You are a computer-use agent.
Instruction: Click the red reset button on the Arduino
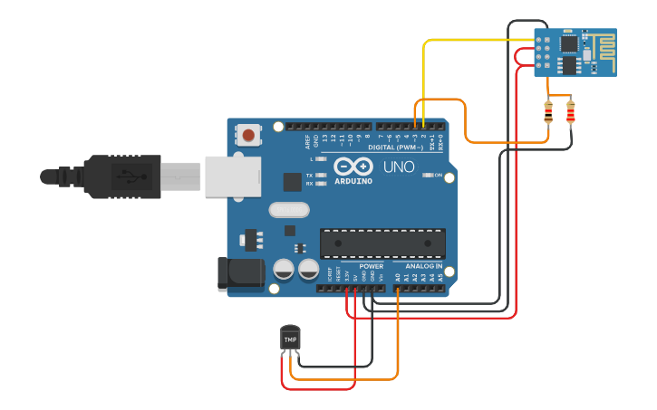tap(247, 136)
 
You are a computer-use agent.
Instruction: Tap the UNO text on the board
tap(399, 167)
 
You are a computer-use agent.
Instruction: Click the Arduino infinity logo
tap(353, 167)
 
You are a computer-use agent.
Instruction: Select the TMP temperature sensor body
tap(290, 338)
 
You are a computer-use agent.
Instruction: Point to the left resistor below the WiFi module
tap(548, 112)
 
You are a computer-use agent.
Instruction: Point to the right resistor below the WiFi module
tap(570, 112)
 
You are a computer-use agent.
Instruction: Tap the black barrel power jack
tap(238, 274)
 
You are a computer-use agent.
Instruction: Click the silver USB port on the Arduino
tap(232, 176)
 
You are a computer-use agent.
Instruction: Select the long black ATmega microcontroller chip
tap(382, 243)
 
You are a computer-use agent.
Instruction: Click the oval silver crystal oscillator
tap(289, 210)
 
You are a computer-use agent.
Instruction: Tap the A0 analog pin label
tap(398, 278)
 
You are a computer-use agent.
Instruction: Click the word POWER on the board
tap(371, 267)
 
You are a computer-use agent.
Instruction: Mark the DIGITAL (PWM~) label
tap(395, 147)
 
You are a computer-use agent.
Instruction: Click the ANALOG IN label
tap(424, 267)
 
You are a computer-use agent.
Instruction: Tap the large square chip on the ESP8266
tap(568, 43)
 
